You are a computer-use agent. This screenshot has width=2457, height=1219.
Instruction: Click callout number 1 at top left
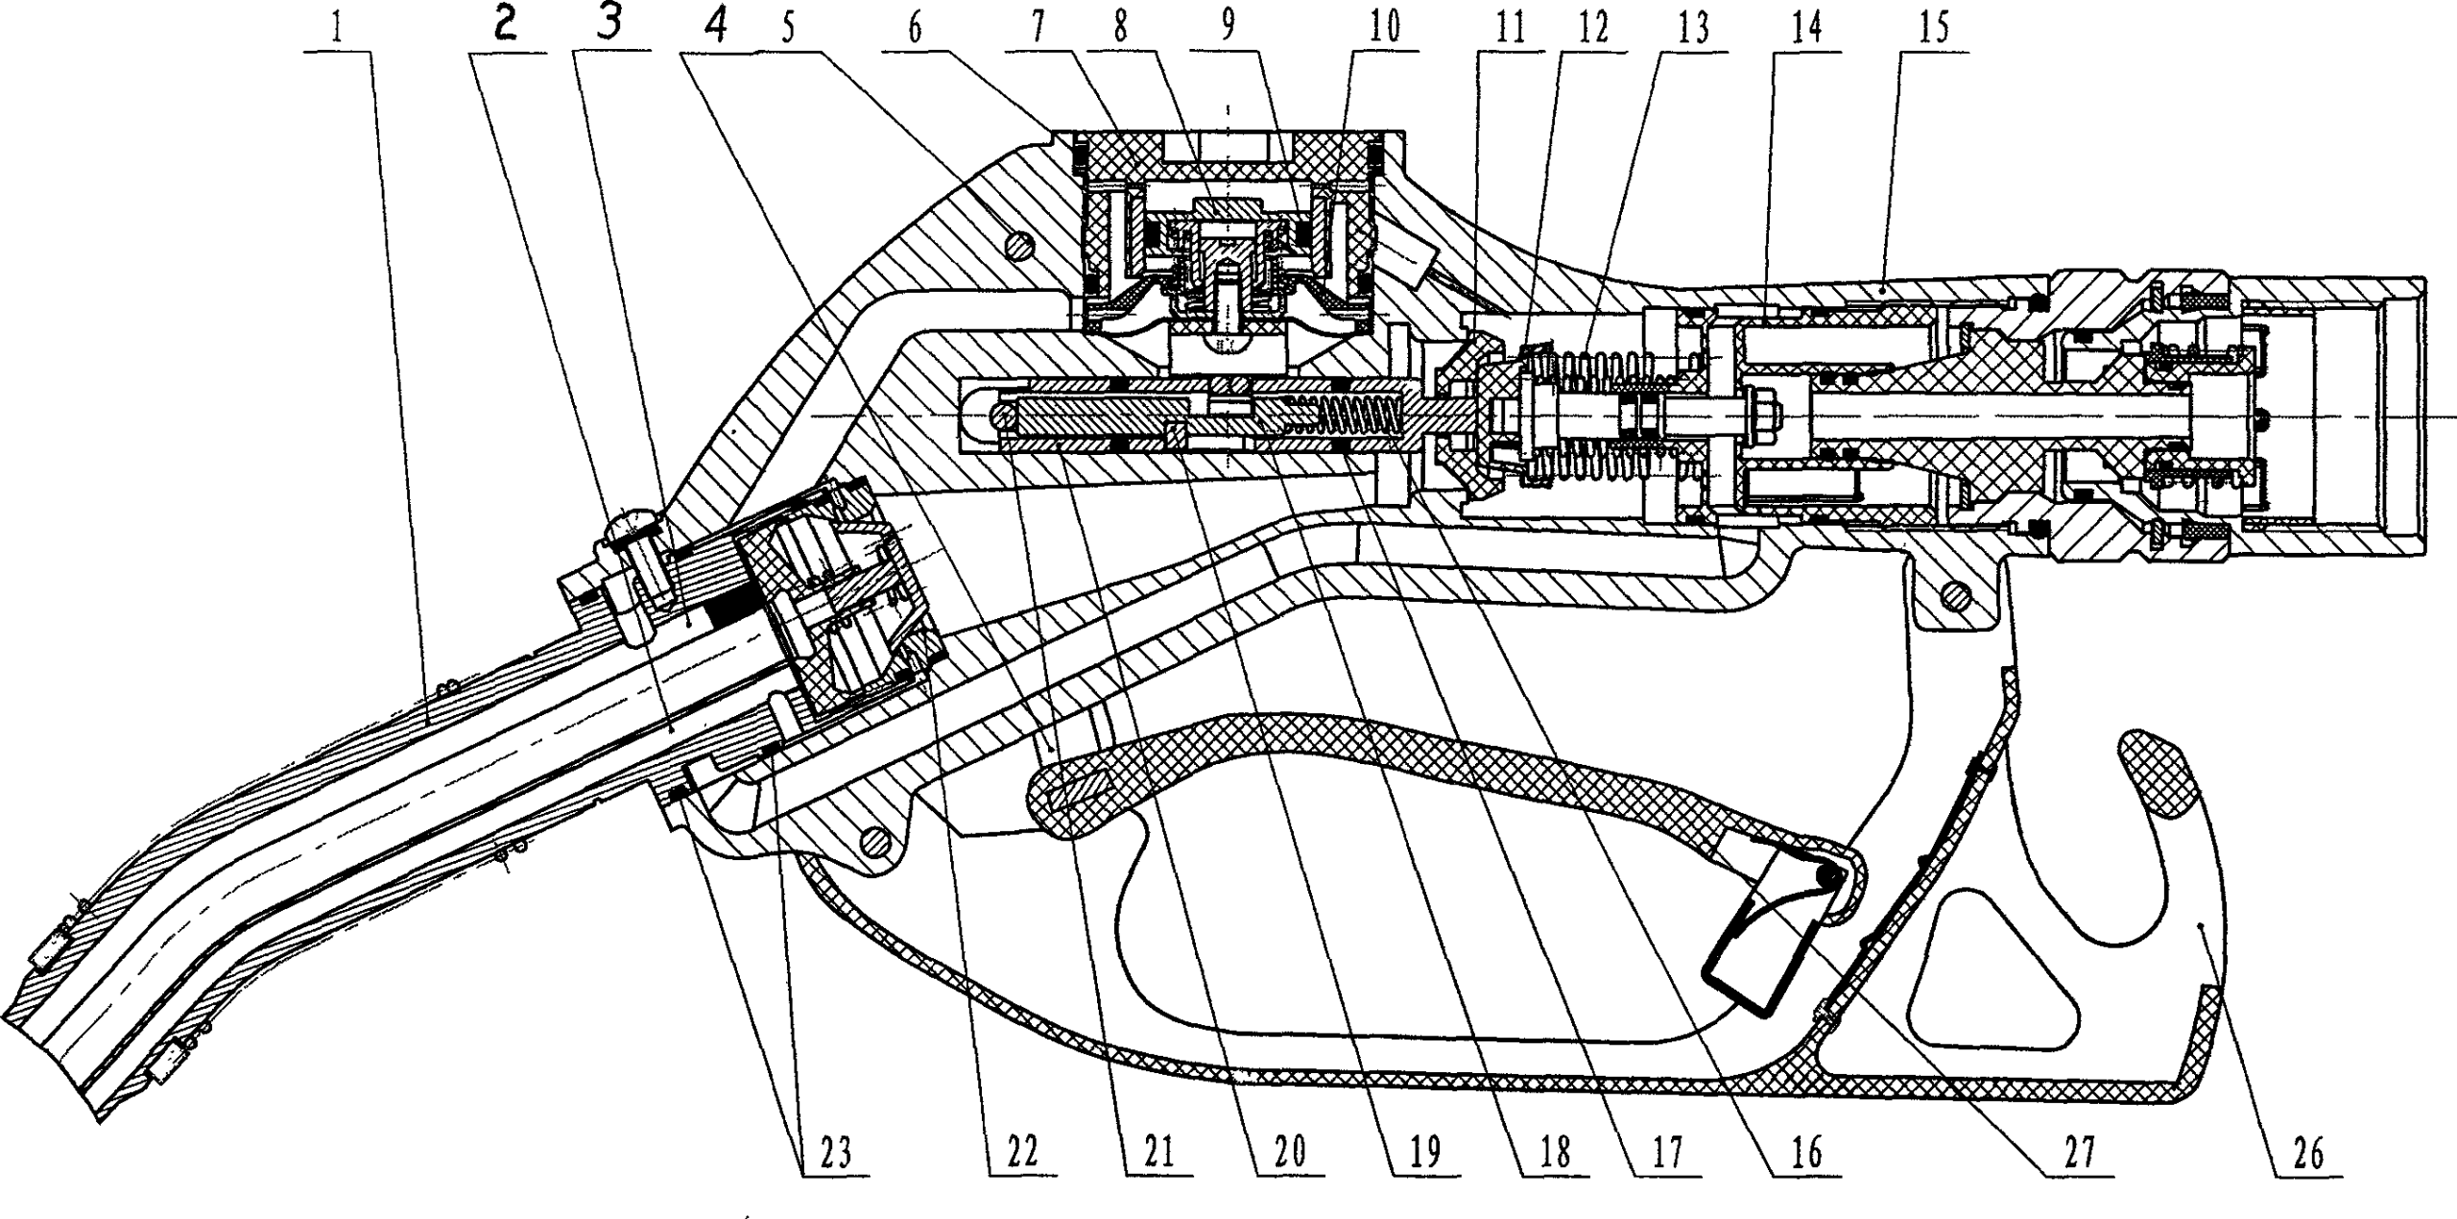[337, 31]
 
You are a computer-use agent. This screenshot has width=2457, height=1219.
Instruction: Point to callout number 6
[916, 31]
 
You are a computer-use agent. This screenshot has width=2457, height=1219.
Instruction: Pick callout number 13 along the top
[1693, 29]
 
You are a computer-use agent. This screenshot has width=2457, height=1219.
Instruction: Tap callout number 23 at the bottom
[833, 1153]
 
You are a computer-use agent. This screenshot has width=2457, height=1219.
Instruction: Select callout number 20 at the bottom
[1290, 1153]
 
